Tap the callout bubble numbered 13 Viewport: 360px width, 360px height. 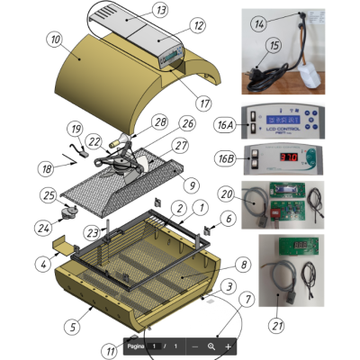pos(160,10)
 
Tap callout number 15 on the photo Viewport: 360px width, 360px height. pos(270,45)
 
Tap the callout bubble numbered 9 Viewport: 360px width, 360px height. pos(191,185)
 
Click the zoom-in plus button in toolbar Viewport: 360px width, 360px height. pos(228,346)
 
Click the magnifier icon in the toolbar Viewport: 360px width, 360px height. pos(211,346)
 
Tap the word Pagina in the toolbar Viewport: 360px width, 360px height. pos(135,346)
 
